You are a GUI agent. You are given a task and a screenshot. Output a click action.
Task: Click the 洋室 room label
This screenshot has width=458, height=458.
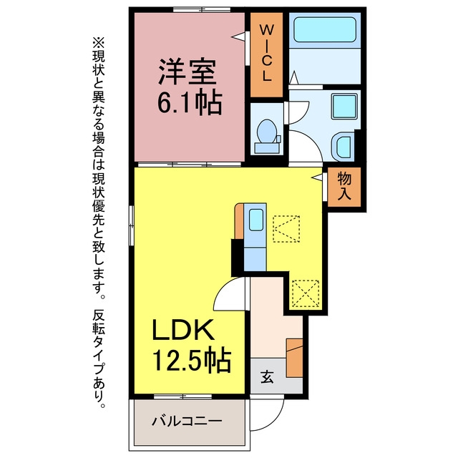pos(187,72)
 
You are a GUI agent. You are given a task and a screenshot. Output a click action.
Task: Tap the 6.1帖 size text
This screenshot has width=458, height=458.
pos(190,103)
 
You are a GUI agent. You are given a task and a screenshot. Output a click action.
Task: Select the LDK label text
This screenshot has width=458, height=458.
pos(183,330)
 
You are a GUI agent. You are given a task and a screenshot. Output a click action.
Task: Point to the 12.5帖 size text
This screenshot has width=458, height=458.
pos(192,360)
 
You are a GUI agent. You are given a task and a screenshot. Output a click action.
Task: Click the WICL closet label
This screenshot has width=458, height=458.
pos(266,53)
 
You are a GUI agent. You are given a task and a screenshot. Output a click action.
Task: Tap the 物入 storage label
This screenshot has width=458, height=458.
pos(344,186)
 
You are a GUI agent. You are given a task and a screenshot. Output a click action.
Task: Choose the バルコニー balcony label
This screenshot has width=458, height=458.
pos(187,421)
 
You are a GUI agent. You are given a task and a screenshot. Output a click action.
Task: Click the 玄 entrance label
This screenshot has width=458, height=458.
pos(267,376)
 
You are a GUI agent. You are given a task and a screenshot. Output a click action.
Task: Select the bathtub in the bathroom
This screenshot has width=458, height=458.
pos(325,29)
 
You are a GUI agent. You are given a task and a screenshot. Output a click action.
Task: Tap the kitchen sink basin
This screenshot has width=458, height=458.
pos(256,220)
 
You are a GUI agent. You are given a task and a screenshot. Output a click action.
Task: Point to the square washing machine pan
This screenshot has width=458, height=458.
pos(344,106)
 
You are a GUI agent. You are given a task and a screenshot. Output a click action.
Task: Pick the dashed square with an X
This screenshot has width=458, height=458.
pos(306,293)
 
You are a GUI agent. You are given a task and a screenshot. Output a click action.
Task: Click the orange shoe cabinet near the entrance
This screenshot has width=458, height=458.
pos(294,358)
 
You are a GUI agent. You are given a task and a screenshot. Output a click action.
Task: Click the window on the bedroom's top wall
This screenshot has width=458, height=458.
pos(202,9)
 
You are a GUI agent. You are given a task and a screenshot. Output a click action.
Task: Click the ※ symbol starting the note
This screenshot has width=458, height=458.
pos(99,43)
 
